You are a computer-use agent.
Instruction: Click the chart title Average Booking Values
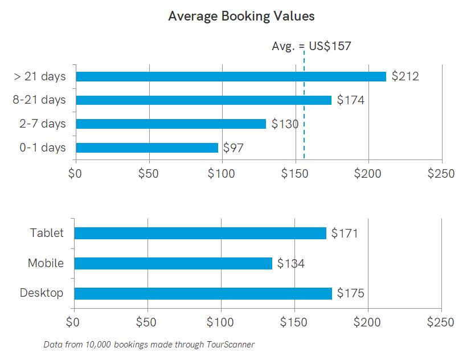241,16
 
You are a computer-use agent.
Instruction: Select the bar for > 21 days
231,76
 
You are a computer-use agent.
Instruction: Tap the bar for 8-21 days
203,100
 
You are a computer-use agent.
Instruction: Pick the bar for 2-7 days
171,124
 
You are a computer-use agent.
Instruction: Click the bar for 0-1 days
147,148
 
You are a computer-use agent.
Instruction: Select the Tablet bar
200,233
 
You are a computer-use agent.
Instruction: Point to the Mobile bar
173,263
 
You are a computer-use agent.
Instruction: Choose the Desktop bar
203,293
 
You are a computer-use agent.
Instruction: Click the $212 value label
405,76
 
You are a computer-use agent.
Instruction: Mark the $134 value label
290,263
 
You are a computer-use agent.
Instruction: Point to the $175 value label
350,293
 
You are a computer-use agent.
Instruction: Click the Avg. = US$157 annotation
312,46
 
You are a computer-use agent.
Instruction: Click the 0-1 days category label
43,148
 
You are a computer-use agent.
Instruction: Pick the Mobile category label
46,263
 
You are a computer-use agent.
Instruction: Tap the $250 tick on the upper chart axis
441,173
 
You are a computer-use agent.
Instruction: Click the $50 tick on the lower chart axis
147,322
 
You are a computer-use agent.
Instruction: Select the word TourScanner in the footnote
232,345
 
